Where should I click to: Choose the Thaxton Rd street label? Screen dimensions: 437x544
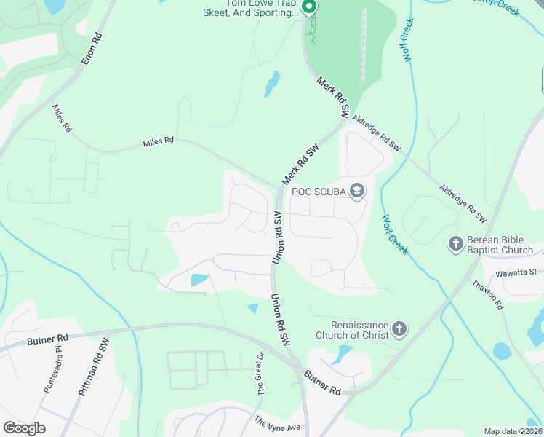coord(488,295)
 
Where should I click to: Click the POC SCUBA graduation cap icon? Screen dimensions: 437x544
coord(357,192)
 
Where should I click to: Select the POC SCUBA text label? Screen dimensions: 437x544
coord(319,192)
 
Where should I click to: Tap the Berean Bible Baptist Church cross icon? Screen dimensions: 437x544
coord(456,243)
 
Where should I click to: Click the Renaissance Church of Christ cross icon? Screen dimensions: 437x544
coord(399,330)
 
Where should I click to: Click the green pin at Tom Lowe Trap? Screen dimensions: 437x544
coord(308,8)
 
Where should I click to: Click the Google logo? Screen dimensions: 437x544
coord(24,428)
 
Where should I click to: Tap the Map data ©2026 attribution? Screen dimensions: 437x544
coord(513,431)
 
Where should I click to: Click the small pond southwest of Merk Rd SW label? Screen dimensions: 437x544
coord(272,84)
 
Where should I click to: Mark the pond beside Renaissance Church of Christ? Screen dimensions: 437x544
coord(340,355)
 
